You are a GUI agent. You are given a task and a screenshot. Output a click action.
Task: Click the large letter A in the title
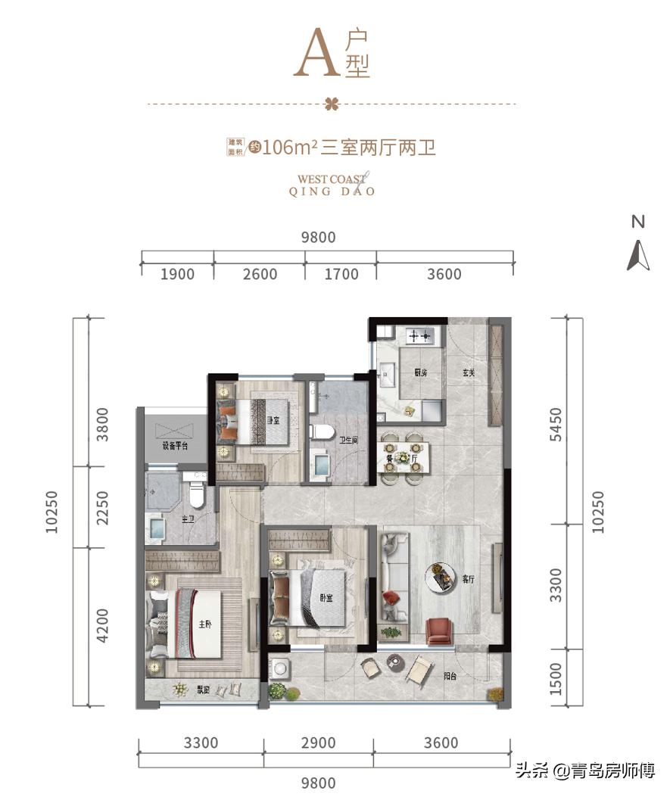pos(316,54)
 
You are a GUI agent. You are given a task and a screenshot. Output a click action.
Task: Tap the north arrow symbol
pos(638,255)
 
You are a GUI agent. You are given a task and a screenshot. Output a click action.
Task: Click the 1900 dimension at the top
pos(177,274)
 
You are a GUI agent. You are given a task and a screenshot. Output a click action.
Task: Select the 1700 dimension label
pos(341,274)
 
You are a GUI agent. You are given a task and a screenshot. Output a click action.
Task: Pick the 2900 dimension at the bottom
pos(318,743)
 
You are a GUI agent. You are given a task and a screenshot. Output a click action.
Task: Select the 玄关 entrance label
pos(469,372)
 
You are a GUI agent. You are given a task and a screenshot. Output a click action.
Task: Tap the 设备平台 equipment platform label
pos(174,446)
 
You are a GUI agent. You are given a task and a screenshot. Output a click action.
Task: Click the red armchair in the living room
pos(440,631)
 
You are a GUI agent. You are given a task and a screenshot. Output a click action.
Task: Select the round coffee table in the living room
pos(438,578)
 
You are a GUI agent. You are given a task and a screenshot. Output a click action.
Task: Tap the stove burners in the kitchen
pos(419,334)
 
